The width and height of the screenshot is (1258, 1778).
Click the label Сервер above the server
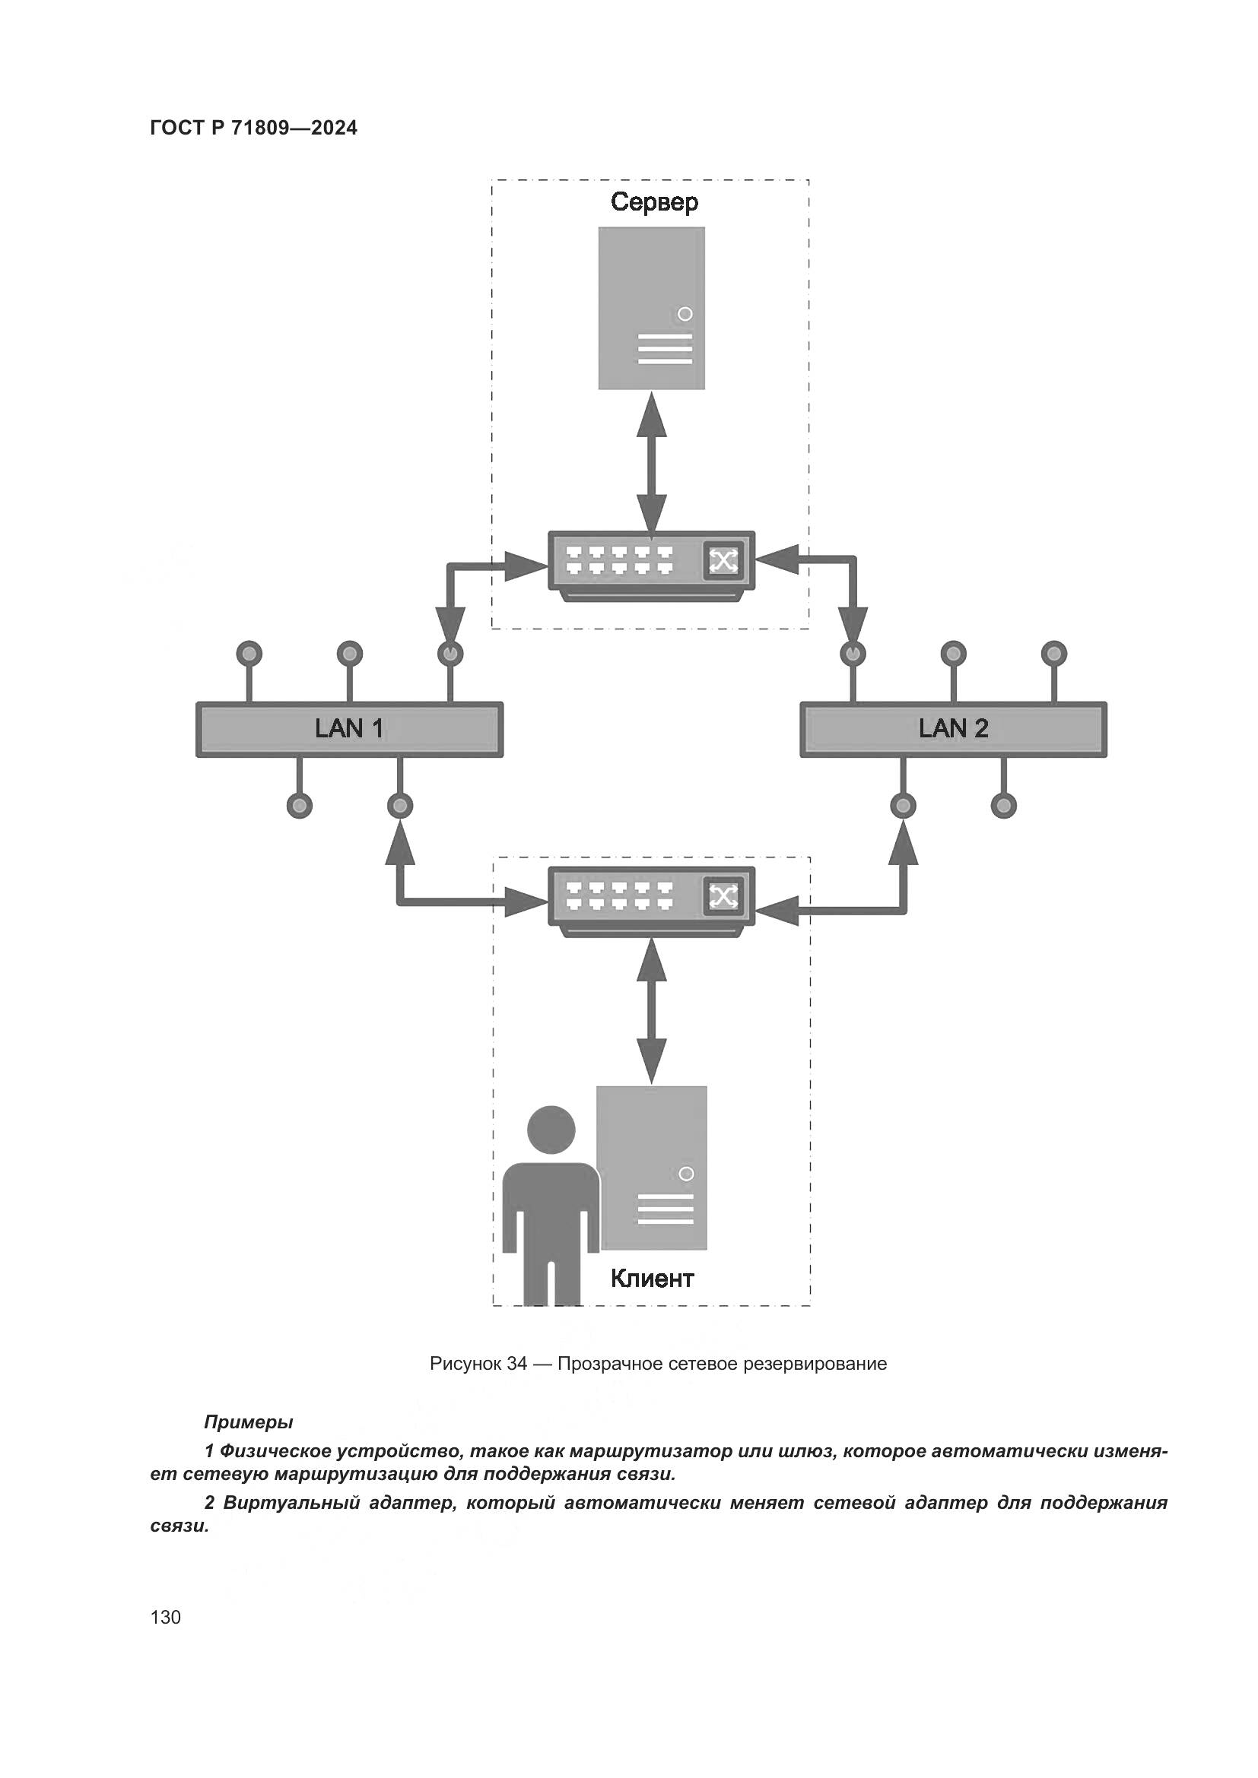tap(654, 202)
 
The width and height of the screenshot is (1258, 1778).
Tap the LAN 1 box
tap(349, 729)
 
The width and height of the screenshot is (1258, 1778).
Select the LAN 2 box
tap(953, 729)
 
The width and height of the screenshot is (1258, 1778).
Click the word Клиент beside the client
tap(652, 1278)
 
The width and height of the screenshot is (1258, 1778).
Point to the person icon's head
tap(551, 1130)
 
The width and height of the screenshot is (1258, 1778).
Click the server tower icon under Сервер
tap(652, 307)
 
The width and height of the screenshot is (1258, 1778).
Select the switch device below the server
tap(651, 565)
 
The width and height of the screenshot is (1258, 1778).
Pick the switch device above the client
tap(651, 901)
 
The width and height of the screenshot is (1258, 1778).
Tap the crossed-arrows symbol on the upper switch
tap(723, 561)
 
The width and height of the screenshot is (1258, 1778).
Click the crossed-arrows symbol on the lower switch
tap(723, 897)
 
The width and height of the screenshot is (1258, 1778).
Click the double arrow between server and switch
tap(652, 461)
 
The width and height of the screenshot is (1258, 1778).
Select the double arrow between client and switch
tap(652, 1011)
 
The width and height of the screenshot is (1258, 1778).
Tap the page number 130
tap(166, 1617)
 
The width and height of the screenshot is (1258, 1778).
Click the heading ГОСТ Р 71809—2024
tap(253, 128)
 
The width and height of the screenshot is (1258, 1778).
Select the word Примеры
tap(248, 1421)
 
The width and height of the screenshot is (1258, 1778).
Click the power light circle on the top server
tap(685, 315)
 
